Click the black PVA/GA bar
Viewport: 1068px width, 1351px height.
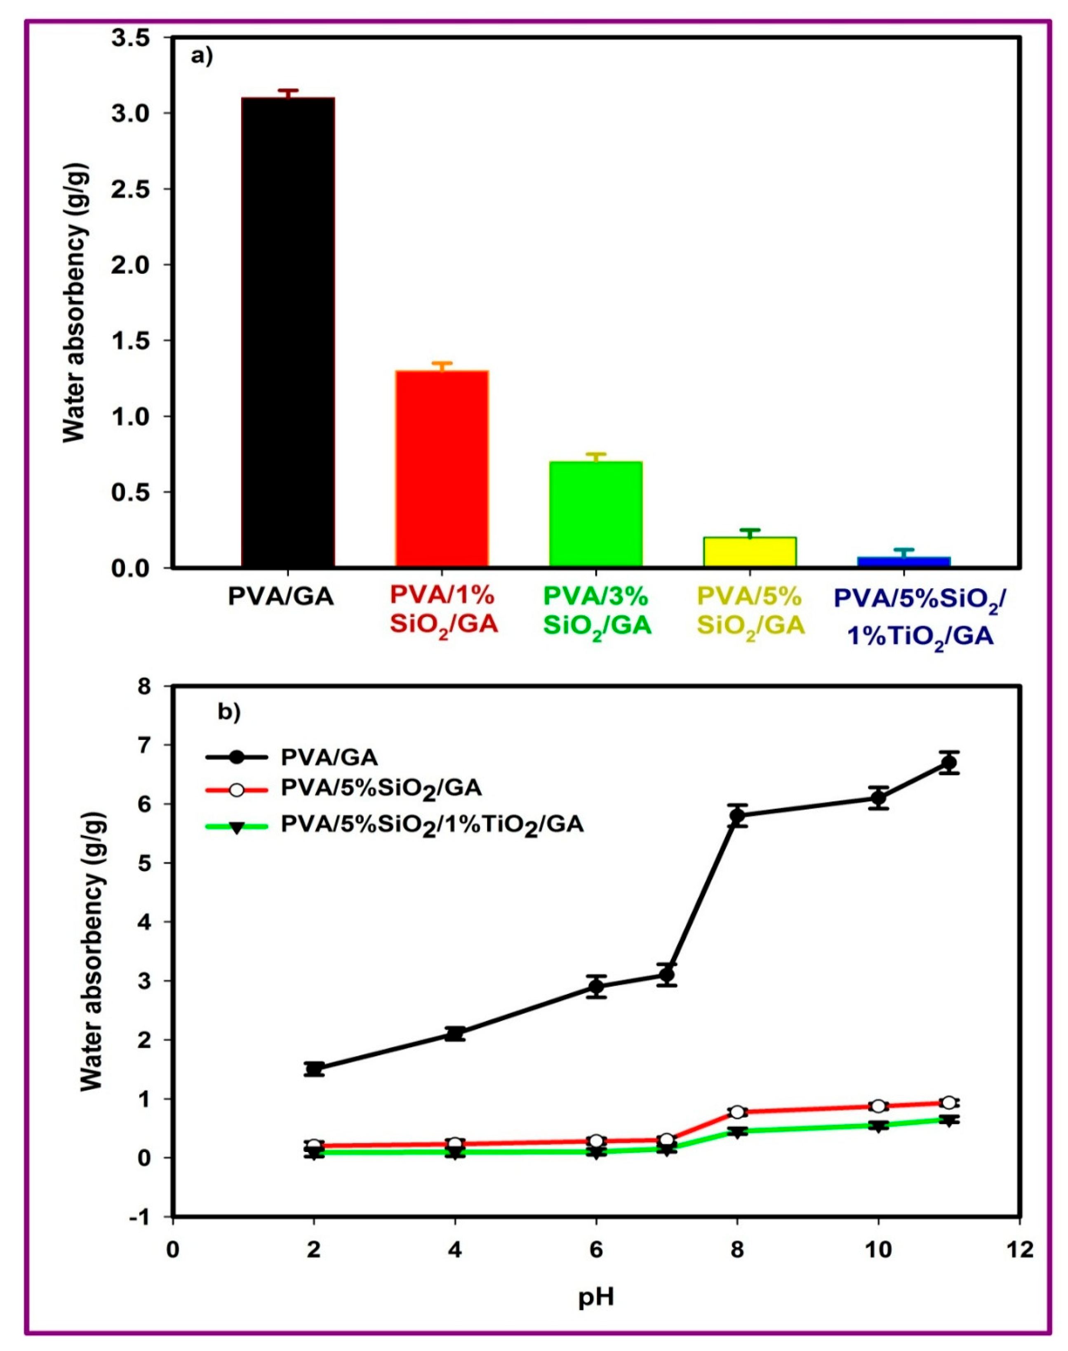click(x=288, y=331)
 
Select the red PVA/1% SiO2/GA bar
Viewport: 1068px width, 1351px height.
click(x=442, y=469)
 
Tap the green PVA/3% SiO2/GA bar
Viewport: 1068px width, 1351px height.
click(x=596, y=514)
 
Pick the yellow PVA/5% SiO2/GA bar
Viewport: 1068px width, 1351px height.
click(x=750, y=552)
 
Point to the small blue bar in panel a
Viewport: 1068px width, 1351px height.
click(x=903, y=561)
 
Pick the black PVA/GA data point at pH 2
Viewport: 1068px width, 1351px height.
click(x=314, y=1068)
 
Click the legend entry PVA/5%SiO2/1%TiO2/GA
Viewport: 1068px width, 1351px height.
click(x=431, y=825)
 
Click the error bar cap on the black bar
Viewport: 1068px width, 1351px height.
click(x=288, y=91)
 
